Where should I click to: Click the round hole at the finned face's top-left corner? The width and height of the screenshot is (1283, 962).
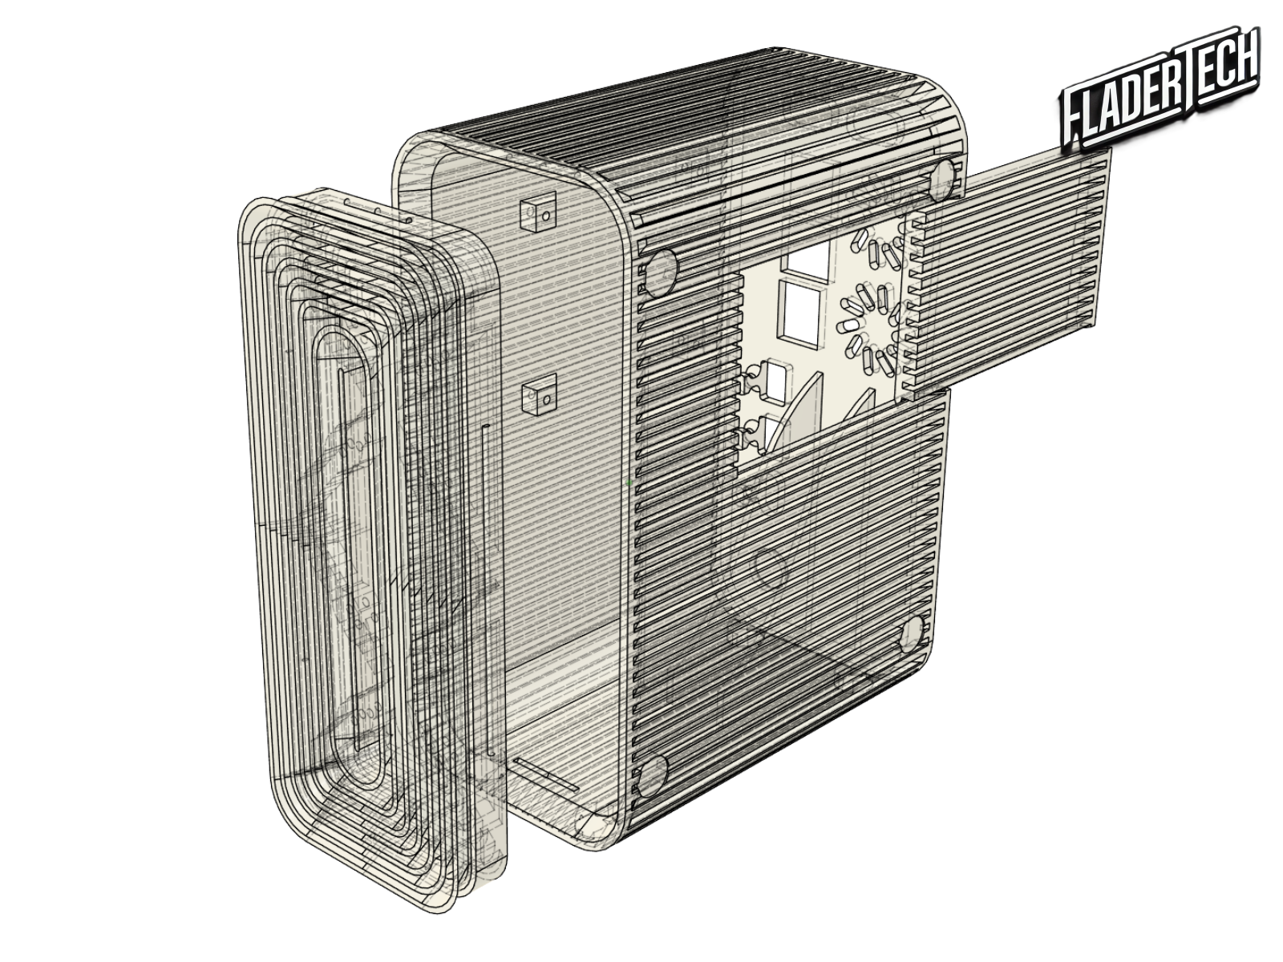(x=661, y=271)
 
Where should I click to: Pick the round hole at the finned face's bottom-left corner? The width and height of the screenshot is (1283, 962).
(x=652, y=775)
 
